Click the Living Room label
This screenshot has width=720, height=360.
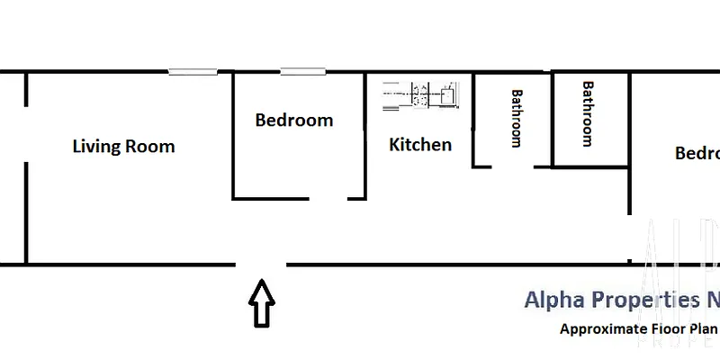[x=123, y=147]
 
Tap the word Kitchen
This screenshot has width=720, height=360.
[x=420, y=144]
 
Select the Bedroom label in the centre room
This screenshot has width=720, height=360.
[x=293, y=120]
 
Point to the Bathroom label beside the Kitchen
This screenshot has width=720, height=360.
[x=517, y=117]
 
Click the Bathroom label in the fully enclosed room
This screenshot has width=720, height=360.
[x=588, y=113]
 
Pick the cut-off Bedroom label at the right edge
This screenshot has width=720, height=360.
[x=697, y=153]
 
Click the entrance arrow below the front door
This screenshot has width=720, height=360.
[x=262, y=304]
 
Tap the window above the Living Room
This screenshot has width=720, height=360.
[x=193, y=72]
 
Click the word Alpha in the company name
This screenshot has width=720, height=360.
[x=552, y=300]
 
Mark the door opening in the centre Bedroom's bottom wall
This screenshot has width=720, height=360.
[x=329, y=198]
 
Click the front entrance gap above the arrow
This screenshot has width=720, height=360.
[x=262, y=265]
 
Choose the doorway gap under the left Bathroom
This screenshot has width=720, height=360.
[x=513, y=166]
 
